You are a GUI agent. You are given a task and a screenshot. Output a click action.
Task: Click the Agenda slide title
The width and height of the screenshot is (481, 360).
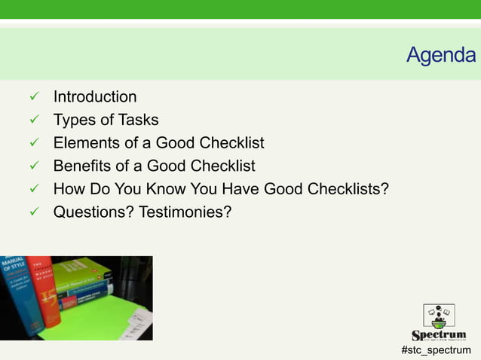[x=441, y=55]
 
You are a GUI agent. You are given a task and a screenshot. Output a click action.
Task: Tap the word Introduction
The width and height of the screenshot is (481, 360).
[x=95, y=97]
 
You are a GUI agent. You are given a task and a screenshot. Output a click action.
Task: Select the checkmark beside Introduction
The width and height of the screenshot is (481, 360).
[x=32, y=97]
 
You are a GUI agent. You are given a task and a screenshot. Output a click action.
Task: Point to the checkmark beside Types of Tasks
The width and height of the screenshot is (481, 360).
[x=32, y=120]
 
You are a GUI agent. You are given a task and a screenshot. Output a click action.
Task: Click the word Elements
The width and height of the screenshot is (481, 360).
[x=84, y=143]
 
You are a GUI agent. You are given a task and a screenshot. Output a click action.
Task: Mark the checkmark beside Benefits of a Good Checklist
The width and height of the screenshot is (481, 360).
[x=32, y=166]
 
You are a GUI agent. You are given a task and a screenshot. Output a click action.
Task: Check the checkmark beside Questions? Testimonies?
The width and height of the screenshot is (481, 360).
[x=32, y=212]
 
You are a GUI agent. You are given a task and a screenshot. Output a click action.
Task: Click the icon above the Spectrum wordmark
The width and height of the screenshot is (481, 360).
[x=439, y=314]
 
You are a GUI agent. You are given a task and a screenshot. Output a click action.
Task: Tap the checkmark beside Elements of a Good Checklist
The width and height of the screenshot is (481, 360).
[x=32, y=143]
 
